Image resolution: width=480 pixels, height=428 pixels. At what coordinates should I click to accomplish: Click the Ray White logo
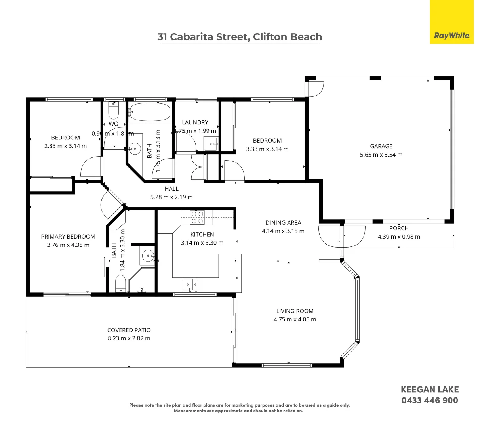pos(452,36)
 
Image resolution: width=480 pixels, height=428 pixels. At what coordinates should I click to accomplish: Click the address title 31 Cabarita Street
pos(240,37)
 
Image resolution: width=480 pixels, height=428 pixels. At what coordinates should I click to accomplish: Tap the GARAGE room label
pos(381,146)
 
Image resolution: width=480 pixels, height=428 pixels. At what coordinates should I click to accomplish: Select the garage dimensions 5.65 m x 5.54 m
pos(381,155)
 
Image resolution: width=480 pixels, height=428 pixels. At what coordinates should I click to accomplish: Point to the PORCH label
pos(399,228)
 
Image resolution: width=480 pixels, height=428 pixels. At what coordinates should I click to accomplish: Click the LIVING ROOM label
pos(295,311)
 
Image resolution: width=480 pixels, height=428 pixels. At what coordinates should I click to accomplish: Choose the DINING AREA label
pos(283,223)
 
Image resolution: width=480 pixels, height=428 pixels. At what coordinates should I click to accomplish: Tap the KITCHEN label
pos(202,235)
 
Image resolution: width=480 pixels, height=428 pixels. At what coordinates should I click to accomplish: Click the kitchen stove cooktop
pos(197,218)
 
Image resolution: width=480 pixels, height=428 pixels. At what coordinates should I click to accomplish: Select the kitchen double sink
pos(190,284)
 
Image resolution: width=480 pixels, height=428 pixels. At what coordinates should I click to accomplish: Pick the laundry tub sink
pos(210,143)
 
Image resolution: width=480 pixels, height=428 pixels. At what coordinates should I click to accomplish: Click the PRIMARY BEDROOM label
pos(68,237)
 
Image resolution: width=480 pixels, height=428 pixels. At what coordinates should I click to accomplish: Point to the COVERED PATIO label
pos(129,330)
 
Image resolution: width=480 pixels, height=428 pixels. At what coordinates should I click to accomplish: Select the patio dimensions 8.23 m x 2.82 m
pos(129,338)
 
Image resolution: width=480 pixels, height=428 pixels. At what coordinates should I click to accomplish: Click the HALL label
pos(171,189)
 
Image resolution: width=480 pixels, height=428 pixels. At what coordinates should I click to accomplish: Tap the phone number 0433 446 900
pos(430,400)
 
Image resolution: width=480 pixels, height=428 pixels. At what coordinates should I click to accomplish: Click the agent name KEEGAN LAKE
pos(430,390)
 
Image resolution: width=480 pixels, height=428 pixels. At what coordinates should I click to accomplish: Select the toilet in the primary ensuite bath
pos(120,284)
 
